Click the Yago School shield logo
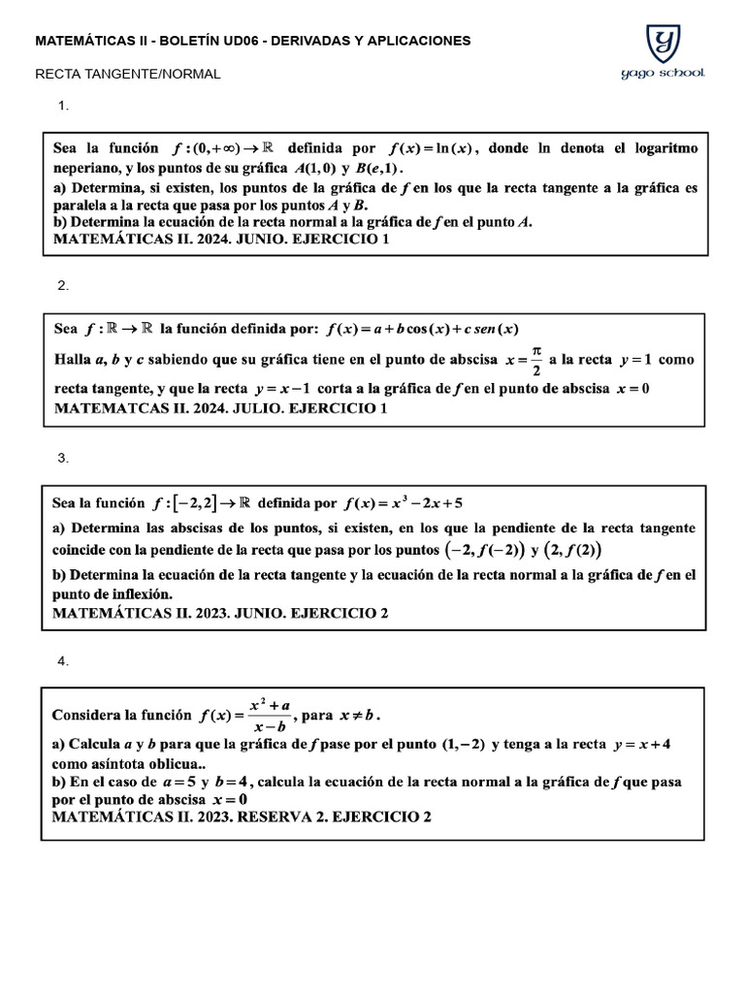click(x=663, y=44)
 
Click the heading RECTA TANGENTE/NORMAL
click(x=128, y=74)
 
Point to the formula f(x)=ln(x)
click(x=430, y=148)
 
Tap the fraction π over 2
click(x=536, y=359)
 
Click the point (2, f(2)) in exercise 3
click(x=572, y=550)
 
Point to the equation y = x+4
click(x=643, y=745)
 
